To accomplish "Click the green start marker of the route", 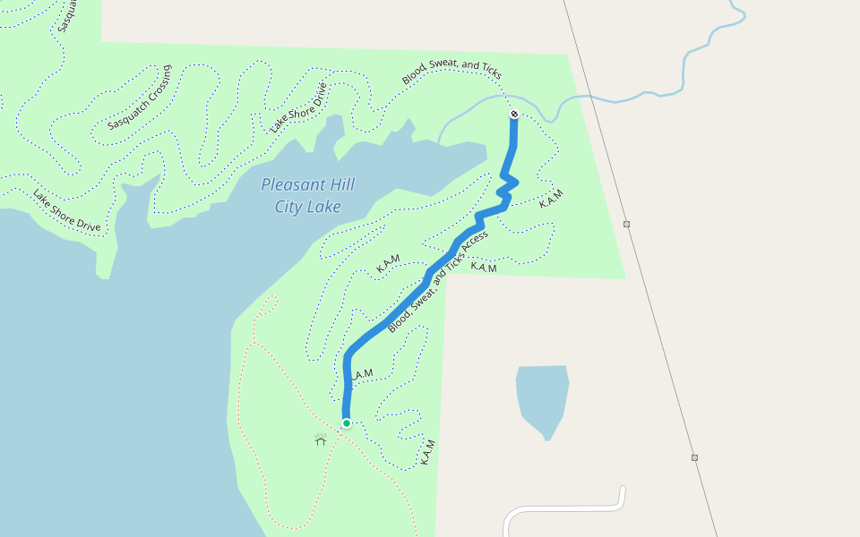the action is tap(346, 422).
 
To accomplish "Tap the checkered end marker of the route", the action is tap(514, 115).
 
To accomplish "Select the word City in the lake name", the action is tap(289, 208).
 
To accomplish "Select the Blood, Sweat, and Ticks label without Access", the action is tap(451, 73).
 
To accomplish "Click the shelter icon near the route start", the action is tap(321, 439).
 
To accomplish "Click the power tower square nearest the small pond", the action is tap(694, 457).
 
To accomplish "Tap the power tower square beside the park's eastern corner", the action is tap(626, 224).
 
